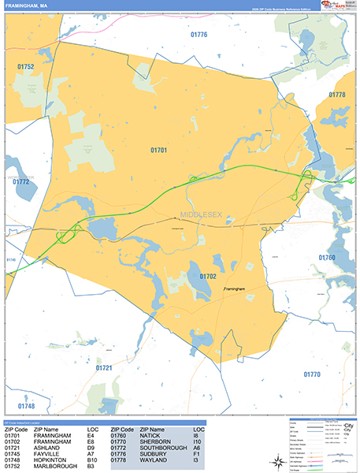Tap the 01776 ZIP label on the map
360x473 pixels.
[x=199, y=35]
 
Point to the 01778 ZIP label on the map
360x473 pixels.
[x=337, y=95]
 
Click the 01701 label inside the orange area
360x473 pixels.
[x=159, y=149]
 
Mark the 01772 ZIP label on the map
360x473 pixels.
[x=20, y=182]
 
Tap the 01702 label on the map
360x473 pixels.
[x=208, y=277]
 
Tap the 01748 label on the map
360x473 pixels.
[x=25, y=406]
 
